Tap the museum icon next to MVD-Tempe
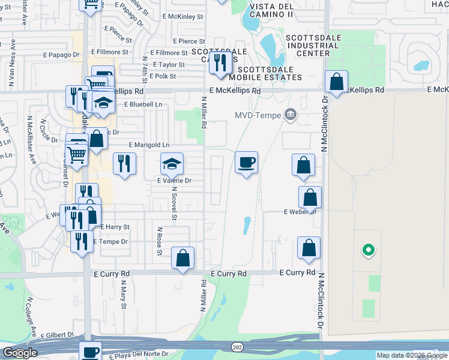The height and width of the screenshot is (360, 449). coord(291,114)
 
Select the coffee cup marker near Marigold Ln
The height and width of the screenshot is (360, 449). coord(246,163)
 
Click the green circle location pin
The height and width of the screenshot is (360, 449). coord(368,250)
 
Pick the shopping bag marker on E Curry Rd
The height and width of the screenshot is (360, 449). coord(182,258)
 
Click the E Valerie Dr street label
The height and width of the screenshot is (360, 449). coord(174,180)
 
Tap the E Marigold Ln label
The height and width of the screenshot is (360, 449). coord(149,145)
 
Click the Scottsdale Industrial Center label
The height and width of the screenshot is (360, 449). coord(308,45)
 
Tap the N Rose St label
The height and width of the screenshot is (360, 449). coord(160,240)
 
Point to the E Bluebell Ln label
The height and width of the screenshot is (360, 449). coord(143,104)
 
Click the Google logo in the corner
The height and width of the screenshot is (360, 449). coord(20,353)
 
